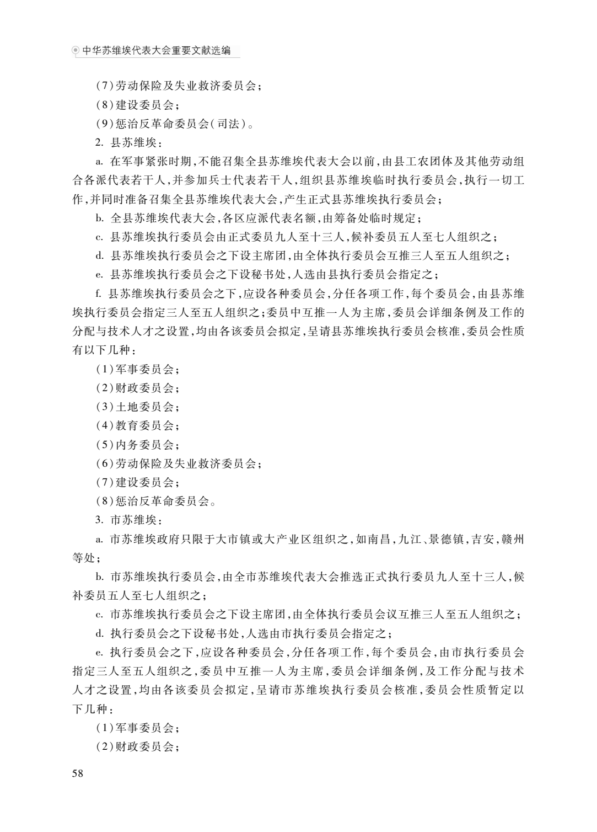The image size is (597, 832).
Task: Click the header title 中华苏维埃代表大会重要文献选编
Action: coord(157,51)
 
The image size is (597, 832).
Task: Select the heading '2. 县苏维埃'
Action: coord(129,143)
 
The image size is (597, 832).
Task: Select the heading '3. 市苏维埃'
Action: coord(129,520)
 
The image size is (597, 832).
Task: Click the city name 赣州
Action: coord(512,539)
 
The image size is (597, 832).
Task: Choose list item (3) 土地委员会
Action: coord(138,407)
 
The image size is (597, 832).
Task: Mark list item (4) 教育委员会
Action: coord(138,426)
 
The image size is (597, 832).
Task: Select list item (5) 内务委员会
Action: coord(138,445)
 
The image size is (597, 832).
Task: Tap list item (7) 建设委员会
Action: coord(138,483)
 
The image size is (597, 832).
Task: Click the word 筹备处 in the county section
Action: coord(348,218)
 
